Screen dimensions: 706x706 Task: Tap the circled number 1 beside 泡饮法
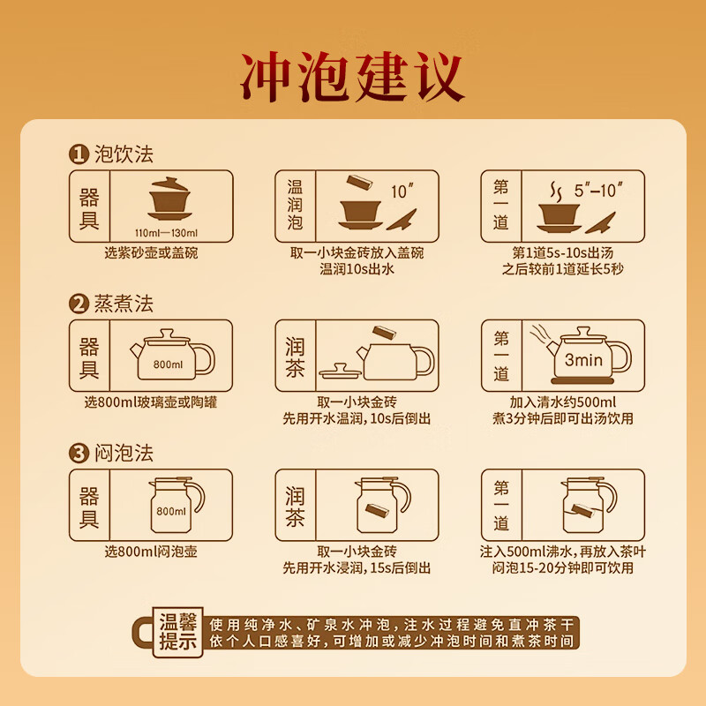tap(79, 154)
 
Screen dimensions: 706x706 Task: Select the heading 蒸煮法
tap(124, 304)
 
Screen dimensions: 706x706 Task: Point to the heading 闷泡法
tap(124, 454)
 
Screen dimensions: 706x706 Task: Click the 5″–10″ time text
tap(599, 190)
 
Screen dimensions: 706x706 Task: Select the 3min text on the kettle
tap(582, 360)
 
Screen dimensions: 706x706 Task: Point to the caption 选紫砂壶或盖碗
tap(151, 253)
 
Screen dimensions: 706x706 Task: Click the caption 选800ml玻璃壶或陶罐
tap(151, 403)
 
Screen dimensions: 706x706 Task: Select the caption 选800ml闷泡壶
tap(151, 552)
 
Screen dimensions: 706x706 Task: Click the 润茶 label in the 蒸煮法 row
tap(295, 357)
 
